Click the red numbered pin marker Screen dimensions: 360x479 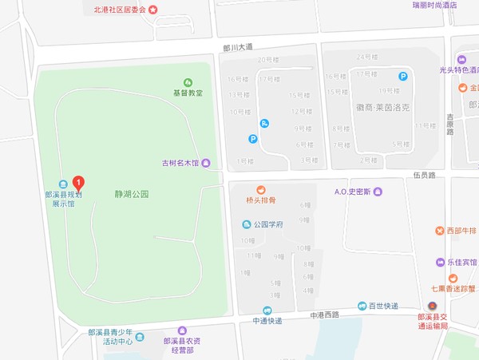[78, 182]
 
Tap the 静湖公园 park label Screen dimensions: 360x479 [131, 194]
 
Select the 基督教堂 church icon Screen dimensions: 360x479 [188, 82]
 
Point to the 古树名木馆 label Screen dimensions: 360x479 [180, 164]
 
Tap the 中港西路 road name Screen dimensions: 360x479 [325, 315]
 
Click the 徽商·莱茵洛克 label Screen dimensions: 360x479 [383, 105]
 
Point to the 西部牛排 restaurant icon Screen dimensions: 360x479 [439, 231]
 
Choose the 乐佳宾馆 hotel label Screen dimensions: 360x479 [461, 262]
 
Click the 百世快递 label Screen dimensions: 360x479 [382, 306]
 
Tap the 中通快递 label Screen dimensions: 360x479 [267, 321]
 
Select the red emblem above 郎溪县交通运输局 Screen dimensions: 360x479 [432, 306]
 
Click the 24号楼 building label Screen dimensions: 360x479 [367, 57]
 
